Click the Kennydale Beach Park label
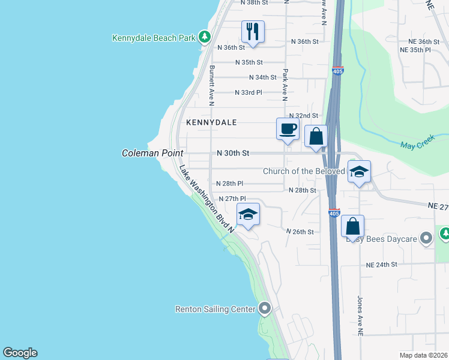154,38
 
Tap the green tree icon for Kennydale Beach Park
205,37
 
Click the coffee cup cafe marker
288,128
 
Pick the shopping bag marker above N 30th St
316,137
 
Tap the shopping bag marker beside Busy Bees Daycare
353,227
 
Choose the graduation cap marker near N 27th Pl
248,214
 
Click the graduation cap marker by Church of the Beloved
359,172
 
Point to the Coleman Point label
152,154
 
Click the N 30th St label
233,154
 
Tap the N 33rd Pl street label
249,92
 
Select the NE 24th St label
382,265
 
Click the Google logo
20,353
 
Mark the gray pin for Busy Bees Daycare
427,239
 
